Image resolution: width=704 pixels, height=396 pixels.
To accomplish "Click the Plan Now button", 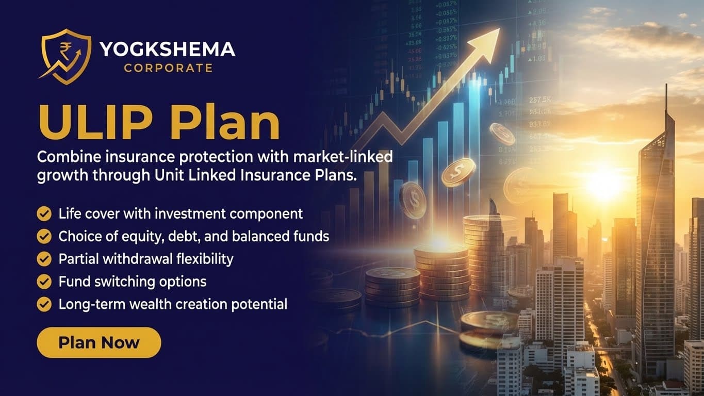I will tap(99, 342).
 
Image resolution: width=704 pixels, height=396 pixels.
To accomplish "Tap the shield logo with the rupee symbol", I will tap(66, 56).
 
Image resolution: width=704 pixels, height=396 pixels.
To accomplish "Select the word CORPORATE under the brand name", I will tap(168, 68).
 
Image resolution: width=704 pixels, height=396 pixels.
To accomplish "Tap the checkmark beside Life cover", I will tap(44, 213).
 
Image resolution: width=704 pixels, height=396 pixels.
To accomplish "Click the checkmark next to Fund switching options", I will tap(44, 282).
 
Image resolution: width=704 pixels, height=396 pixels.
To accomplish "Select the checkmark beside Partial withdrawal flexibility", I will tap(44, 259).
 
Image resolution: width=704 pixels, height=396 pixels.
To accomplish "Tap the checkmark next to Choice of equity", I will tap(44, 236).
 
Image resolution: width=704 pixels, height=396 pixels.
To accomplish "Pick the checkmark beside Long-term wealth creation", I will tap(44, 304).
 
